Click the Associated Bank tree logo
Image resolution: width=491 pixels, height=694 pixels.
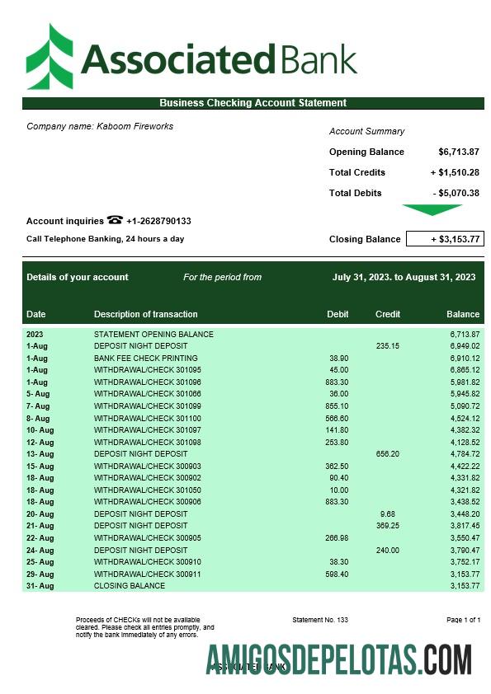coord(50,56)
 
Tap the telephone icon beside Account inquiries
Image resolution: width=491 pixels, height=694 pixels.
coord(115,220)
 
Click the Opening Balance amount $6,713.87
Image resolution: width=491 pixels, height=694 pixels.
coord(459,152)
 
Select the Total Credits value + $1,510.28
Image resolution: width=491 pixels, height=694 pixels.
coord(455,172)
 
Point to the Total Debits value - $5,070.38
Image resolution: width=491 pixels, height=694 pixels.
coord(456,193)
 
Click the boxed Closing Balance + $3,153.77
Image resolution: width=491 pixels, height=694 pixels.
coord(445,239)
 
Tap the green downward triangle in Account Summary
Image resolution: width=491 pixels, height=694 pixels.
coord(432,210)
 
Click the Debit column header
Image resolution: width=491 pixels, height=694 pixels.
coord(338,314)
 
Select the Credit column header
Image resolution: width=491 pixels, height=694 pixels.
coord(388,314)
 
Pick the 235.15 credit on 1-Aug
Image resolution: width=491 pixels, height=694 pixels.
coord(387,346)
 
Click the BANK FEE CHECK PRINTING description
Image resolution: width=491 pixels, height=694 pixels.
coord(146,359)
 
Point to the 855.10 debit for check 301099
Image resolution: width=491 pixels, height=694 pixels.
coord(337,406)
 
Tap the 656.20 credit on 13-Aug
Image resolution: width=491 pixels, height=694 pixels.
coord(387,454)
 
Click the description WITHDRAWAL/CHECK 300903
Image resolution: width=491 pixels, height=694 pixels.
coord(148,467)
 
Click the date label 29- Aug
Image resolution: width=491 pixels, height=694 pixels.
coord(40,574)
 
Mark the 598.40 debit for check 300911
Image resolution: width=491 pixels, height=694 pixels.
coord(337,574)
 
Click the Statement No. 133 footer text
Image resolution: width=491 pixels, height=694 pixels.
coord(320,620)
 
